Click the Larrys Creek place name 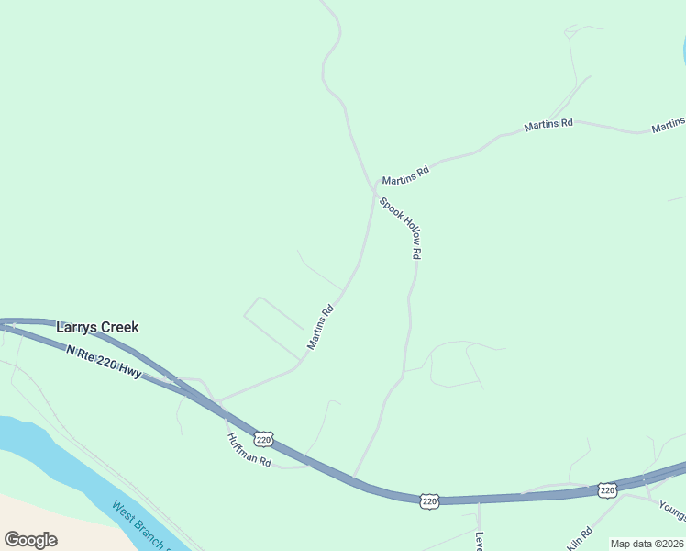(x=97, y=327)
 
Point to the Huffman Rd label (x=249, y=449)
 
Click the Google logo (x=30, y=539)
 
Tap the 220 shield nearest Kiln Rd (x=607, y=490)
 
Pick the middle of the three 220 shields (x=430, y=500)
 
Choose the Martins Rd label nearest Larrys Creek (x=320, y=328)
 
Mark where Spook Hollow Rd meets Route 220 (x=353, y=478)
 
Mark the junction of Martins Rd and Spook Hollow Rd (x=374, y=190)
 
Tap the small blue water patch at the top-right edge (x=683, y=51)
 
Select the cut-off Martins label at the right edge (x=669, y=126)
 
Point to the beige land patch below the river (x=37, y=514)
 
